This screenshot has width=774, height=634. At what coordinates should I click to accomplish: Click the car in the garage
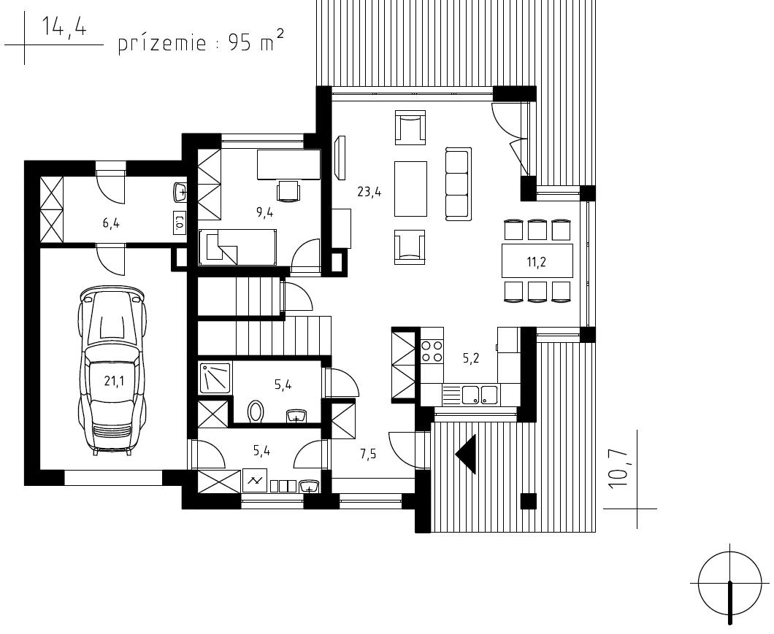[x=112, y=372]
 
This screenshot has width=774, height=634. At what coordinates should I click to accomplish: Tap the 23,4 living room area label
[x=369, y=192]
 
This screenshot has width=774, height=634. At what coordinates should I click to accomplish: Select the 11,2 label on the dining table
[x=536, y=262]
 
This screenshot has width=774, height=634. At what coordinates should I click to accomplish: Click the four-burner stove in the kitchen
[x=432, y=351]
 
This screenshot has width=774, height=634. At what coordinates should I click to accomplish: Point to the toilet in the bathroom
[x=256, y=411]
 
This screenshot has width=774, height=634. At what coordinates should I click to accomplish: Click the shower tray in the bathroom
[x=215, y=378]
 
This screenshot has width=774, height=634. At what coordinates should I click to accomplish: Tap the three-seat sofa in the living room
[x=457, y=184]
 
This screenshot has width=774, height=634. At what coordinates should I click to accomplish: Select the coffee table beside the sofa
[x=410, y=188]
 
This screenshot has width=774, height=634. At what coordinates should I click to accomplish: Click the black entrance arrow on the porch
[x=466, y=454]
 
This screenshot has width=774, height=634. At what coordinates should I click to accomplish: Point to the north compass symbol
[x=729, y=584]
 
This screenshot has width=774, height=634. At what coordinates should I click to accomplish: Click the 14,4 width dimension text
[x=64, y=27]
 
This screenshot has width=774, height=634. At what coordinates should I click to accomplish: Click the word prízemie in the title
[x=162, y=44]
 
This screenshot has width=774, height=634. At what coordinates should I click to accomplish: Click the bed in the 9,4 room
[x=238, y=246]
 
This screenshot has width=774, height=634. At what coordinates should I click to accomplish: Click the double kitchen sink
[x=480, y=394]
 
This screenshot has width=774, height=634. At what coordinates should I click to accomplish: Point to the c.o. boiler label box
[x=180, y=223]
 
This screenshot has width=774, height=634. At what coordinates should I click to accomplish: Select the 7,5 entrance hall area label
[x=368, y=454]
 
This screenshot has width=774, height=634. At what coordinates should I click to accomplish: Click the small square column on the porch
[x=529, y=500]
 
